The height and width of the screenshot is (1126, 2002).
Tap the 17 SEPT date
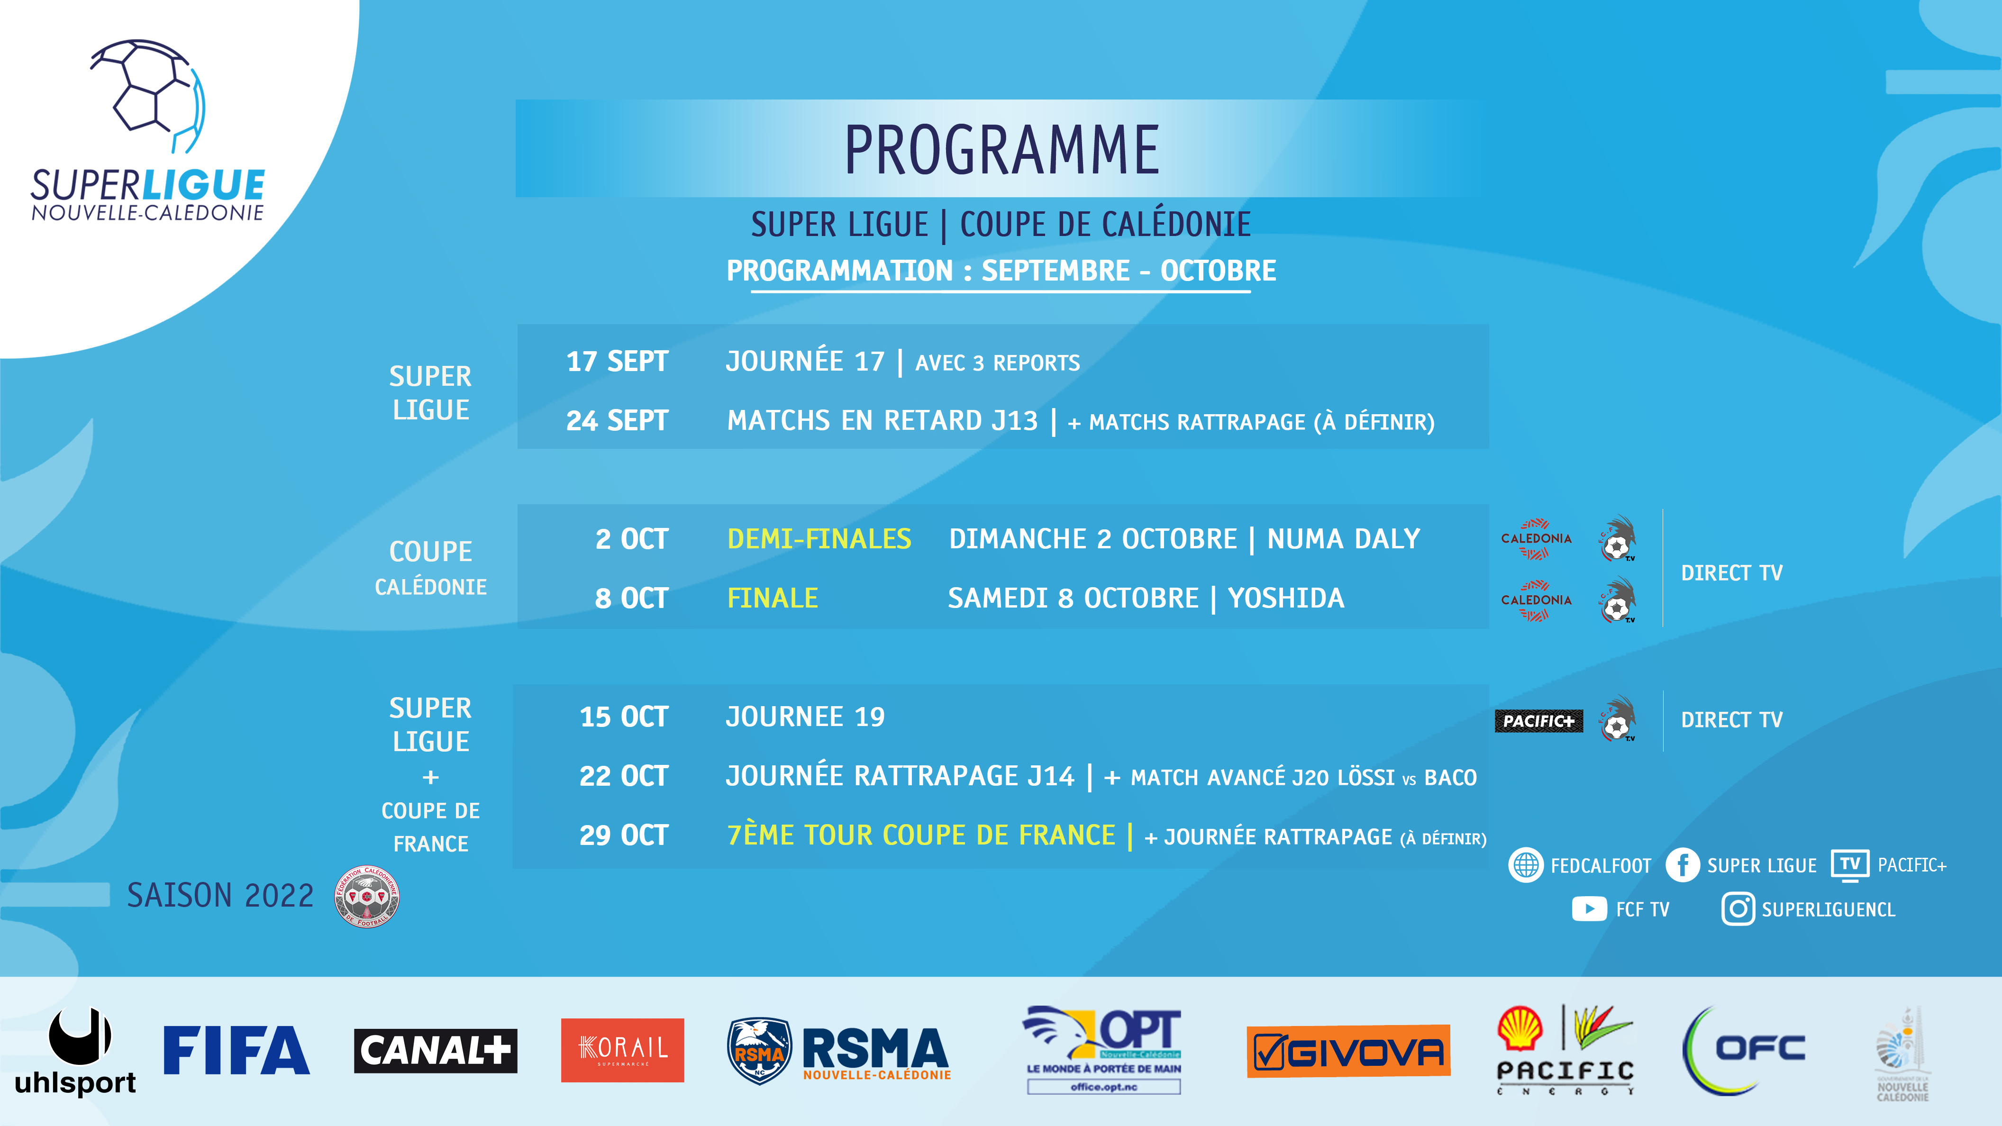(617, 361)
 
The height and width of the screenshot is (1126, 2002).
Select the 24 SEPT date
(617, 420)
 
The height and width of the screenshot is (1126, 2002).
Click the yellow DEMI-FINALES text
(819, 538)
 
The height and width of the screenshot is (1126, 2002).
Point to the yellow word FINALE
(773, 598)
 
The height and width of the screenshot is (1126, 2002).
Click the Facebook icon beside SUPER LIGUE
(1683, 865)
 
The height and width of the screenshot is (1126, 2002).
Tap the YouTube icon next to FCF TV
(1589, 908)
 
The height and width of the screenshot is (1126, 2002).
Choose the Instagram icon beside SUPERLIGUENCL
(1738, 908)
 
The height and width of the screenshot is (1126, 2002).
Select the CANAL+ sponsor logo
(435, 1051)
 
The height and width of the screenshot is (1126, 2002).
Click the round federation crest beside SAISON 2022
(367, 896)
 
